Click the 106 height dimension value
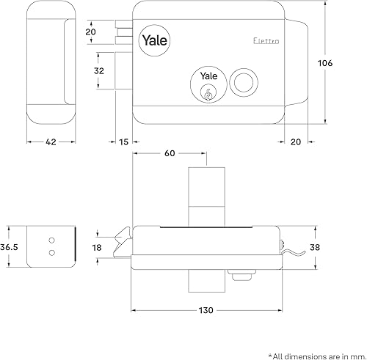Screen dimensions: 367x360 (325, 63)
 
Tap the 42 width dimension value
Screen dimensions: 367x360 (51, 142)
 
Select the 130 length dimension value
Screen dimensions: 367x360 (206, 310)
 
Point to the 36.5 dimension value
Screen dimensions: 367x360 (9, 247)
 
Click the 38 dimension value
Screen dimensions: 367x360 (315, 247)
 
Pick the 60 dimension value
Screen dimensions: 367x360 (170, 153)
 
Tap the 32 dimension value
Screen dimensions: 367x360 (99, 71)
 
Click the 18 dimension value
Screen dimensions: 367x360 (97, 248)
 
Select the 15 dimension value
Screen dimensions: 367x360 (124, 142)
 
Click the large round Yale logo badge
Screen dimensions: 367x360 (154, 40)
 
